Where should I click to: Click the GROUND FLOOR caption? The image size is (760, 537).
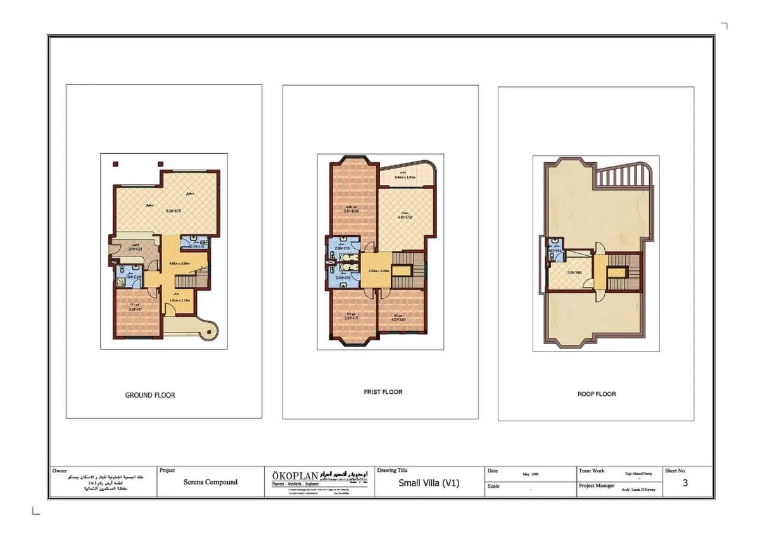[x=150, y=395]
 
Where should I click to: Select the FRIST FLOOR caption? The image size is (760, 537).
[x=383, y=392]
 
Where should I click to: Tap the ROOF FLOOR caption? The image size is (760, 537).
[x=597, y=394]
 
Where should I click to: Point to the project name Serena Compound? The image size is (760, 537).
[x=210, y=482]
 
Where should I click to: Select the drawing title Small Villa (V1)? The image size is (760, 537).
[x=429, y=483]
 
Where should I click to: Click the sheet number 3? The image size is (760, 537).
[x=685, y=484]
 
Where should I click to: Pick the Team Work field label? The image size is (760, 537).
[x=592, y=471]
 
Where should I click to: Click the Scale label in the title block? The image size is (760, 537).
[x=493, y=486]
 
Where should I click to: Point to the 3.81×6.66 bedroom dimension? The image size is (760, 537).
[x=353, y=211]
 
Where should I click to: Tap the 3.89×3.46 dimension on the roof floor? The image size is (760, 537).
[x=574, y=273]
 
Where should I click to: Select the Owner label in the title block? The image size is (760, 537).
[x=59, y=471]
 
